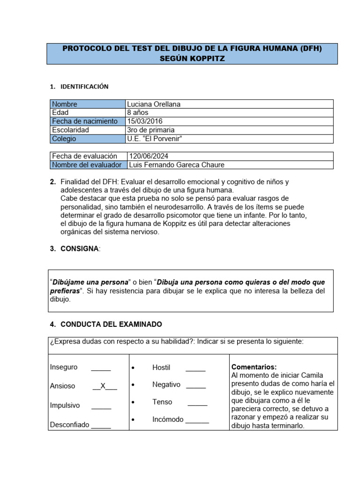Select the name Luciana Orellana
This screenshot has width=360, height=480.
153,104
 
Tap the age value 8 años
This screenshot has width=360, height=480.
137,112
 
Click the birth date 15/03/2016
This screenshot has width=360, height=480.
145,121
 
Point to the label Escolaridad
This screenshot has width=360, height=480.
70,130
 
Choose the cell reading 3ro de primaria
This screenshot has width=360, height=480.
150,130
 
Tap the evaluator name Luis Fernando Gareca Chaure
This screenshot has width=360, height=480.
176,165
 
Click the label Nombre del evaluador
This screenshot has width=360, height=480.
87,165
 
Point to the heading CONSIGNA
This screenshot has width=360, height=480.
80,249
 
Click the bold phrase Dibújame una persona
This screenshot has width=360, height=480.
90,283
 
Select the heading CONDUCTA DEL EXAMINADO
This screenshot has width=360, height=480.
111,324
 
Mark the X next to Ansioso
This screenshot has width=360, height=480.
104,386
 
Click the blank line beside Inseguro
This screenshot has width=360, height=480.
101,368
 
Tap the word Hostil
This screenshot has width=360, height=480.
161,367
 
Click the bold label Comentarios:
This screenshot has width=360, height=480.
254,367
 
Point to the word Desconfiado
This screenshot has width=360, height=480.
69,425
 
